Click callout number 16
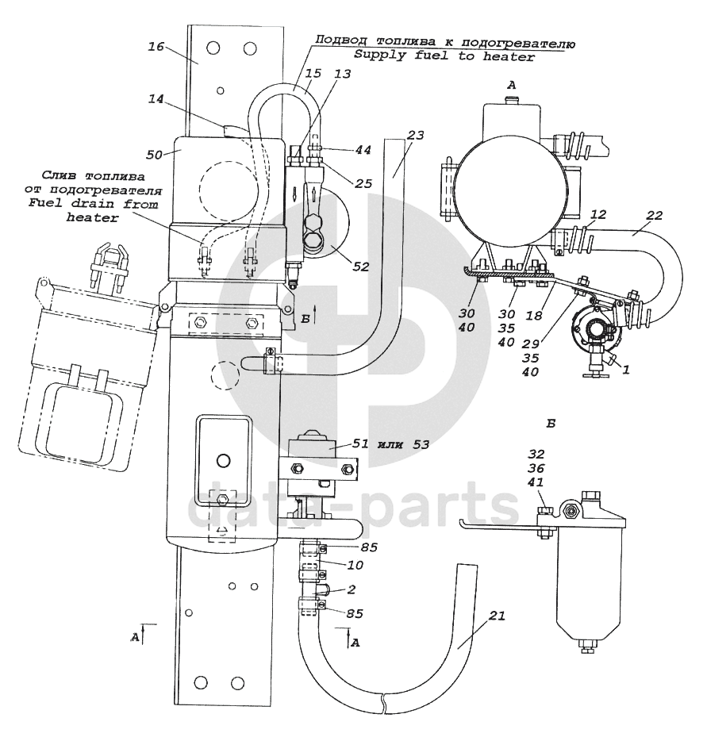[x=156, y=47]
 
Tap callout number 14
[x=156, y=99]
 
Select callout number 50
[x=154, y=154]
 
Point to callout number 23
[x=415, y=136]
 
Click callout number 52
[x=361, y=267]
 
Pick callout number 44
[x=363, y=150]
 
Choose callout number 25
[x=363, y=183]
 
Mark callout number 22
[x=654, y=215]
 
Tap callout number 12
[x=598, y=214]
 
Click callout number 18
[x=534, y=315]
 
